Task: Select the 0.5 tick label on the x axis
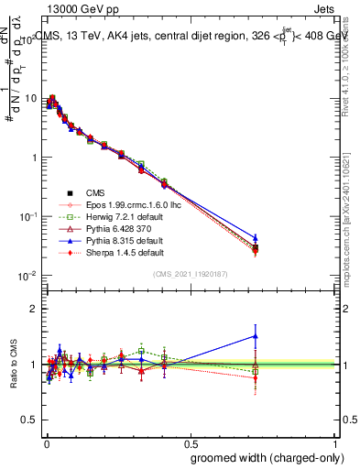click(191, 442)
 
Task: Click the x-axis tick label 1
click(337, 442)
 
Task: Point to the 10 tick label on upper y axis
click(28, 98)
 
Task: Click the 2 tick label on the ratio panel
click(32, 309)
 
